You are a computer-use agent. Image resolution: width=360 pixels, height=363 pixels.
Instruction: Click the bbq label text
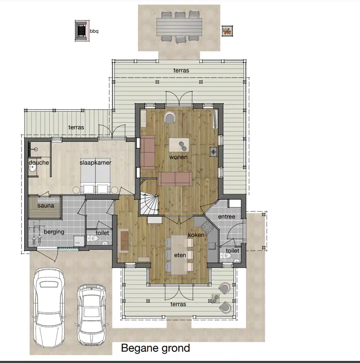pyautogui.click(x=94, y=31)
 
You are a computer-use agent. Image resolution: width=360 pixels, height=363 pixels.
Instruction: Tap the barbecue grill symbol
pyautogui.click(x=82, y=31)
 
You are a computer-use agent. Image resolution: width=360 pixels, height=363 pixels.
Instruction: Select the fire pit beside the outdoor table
pyautogui.click(x=227, y=31)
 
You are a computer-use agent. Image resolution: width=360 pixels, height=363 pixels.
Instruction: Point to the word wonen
pyautogui.click(x=178, y=157)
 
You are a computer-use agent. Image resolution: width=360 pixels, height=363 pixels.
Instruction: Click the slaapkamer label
pyautogui.click(x=95, y=163)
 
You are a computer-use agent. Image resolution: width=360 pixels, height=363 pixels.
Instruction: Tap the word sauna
pyautogui.click(x=46, y=206)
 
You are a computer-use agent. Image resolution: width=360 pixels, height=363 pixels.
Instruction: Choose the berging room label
pyautogui.click(x=54, y=232)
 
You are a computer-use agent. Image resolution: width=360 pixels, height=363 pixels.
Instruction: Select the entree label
pyautogui.click(x=227, y=217)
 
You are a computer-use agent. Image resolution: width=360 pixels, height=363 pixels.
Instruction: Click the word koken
pyautogui.click(x=196, y=235)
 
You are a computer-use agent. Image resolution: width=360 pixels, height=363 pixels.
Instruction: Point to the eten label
pyautogui.click(x=180, y=255)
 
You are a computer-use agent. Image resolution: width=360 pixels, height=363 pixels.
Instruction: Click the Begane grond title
pyautogui.click(x=155, y=348)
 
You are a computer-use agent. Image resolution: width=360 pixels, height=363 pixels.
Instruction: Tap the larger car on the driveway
pyautogui.click(x=49, y=307)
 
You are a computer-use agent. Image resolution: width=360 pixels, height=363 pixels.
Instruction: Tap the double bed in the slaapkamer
pyautogui.click(x=95, y=180)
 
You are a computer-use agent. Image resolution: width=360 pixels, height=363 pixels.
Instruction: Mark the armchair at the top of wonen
pyautogui.click(x=170, y=117)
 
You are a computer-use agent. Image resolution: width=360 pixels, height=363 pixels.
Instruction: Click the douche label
pyautogui.click(x=39, y=163)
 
